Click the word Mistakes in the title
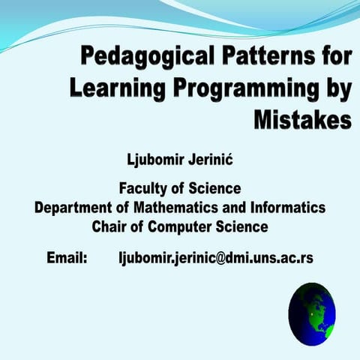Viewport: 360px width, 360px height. (x=301, y=118)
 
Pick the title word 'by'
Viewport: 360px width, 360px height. (x=336, y=87)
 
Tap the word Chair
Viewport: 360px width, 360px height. (x=109, y=225)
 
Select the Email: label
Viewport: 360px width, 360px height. (x=67, y=258)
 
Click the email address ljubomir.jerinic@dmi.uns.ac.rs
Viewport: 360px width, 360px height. (x=215, y=258)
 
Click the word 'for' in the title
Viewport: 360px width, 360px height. (x=333, y=56)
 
